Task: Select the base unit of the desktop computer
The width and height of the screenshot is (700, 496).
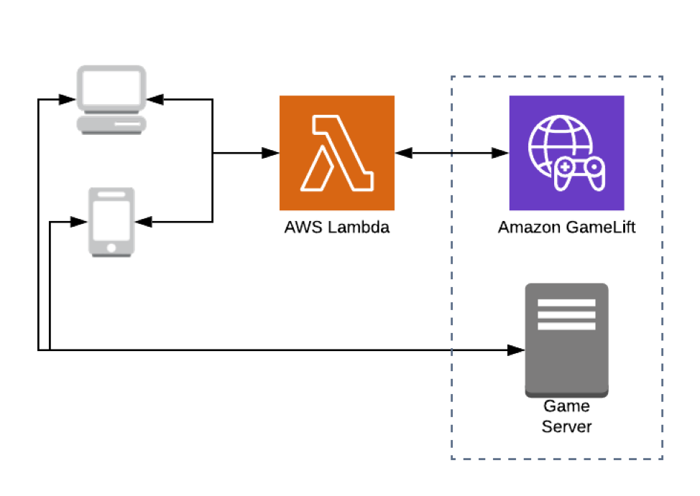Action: (111, 126)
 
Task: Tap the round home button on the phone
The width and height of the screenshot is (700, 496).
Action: (111, 248)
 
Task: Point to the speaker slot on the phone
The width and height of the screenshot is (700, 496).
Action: (111, 195)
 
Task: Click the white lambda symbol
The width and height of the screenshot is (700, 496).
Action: (337, 154)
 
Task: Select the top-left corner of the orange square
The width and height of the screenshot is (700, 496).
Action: (280, 97)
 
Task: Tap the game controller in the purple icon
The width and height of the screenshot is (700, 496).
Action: (579, 174)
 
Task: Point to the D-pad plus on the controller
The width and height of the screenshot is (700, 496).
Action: (566, 168)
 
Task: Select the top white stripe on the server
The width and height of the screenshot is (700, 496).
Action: (566, 303)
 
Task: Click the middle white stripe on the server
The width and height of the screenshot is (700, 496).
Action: (566, 314)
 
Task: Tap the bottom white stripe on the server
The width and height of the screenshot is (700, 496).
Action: (566, 326)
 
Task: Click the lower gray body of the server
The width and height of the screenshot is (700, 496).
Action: (566, 370)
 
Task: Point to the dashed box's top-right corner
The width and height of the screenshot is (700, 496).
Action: (662, 77)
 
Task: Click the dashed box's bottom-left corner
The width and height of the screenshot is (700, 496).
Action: (452, 459)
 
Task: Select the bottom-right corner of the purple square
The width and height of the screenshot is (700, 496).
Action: (624, 210)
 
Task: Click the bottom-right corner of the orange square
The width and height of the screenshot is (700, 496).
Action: (395, 210)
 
